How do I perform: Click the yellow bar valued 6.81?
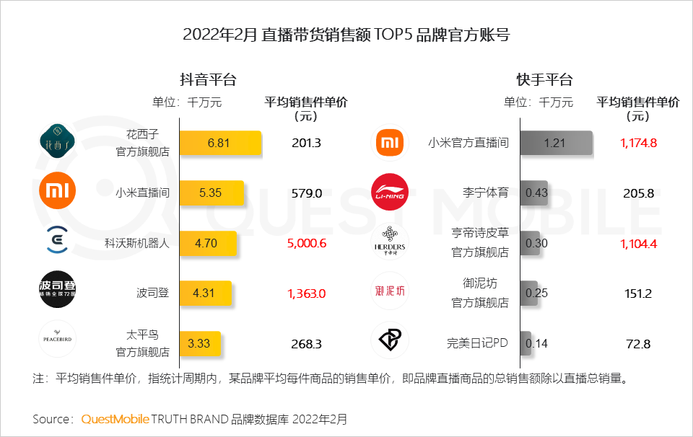[219, 143]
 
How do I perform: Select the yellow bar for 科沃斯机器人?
[207, 243]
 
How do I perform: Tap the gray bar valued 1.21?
[556, 143]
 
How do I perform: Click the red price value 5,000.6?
[307, 243]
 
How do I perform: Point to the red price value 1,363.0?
[307, 293]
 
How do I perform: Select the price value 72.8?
[638, 344]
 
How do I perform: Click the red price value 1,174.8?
[638, 143]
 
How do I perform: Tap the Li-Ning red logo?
[390, 193]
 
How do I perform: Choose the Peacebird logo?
[57, 339]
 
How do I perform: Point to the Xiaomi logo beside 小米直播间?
[57, 191]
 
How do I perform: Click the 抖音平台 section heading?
[209, 79]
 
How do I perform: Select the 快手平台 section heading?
[544, 79]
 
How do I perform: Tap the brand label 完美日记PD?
[478, 344]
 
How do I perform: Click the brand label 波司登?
[152, 293]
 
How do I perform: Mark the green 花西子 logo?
[57, 141]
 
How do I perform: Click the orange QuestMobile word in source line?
[115, 419]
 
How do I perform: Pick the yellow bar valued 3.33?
[200, 343]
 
